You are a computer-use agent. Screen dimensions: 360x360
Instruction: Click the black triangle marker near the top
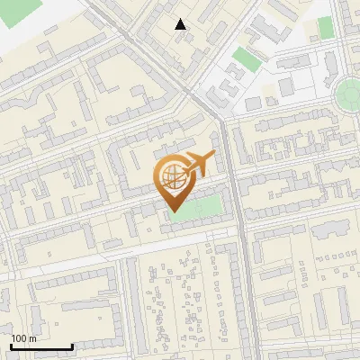point(181,24)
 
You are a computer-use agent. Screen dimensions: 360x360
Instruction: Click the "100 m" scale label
point(23,338)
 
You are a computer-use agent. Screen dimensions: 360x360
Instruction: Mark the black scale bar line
point(41,346)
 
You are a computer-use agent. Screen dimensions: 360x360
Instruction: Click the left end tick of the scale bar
point(11,346)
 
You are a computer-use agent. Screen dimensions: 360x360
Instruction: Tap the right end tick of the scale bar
point(72,346)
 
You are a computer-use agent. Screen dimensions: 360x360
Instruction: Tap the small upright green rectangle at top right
point(325,28)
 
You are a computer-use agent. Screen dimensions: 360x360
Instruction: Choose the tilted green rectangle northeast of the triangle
point(244,59)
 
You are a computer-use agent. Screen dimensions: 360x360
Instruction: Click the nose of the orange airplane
point(213,157)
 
